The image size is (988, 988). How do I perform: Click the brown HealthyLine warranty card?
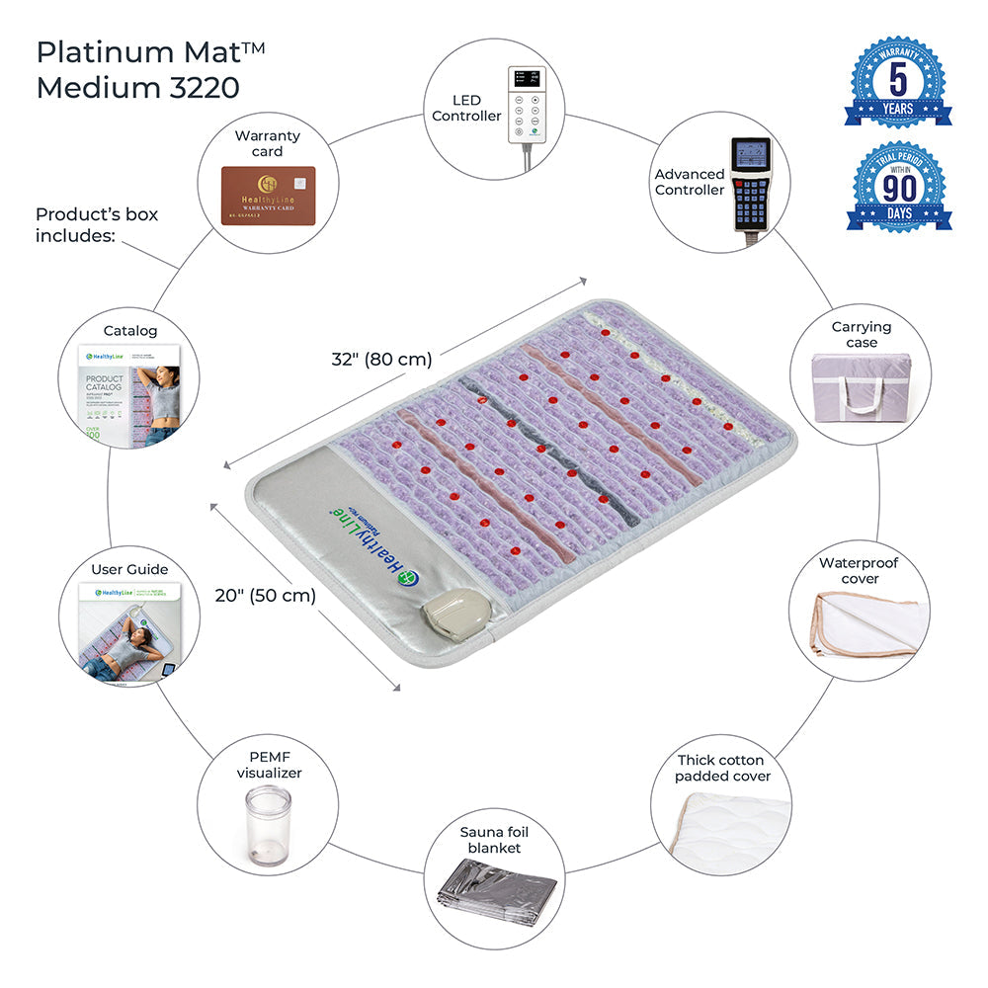[x=268, y=195]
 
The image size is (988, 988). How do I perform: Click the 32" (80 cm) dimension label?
[x=381, y=360]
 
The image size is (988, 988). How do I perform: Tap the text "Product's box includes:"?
[x=97, y=224]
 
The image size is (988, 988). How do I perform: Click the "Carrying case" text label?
[x=861, y=334]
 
